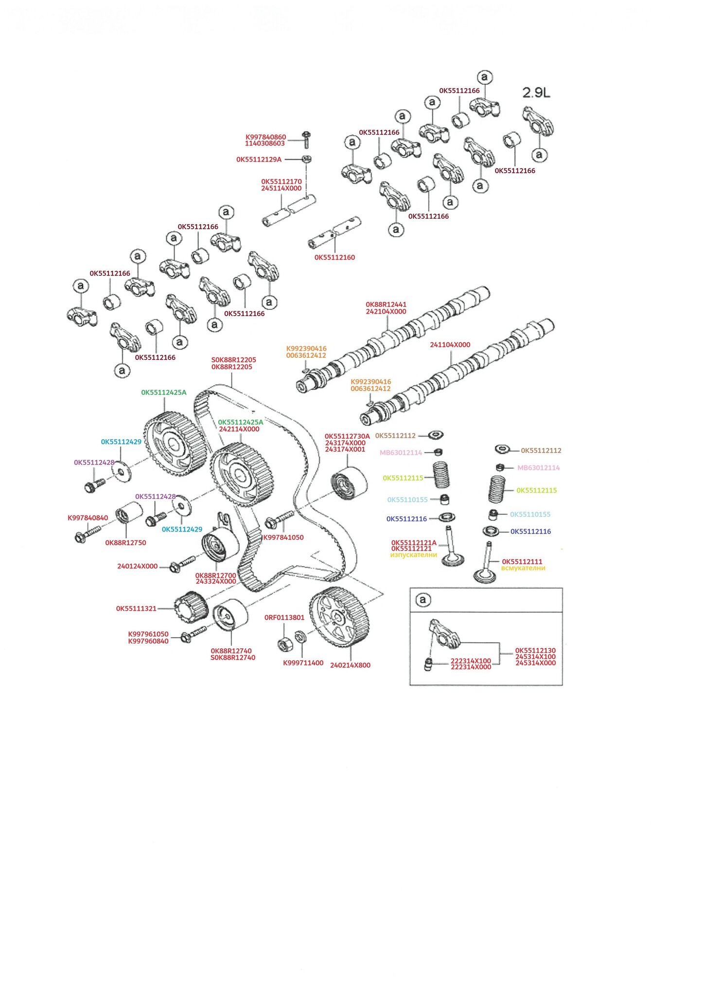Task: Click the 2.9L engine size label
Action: pyautogui.click(x=536, y=92)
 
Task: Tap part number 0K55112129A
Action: pyautogui.click(x=259, y=160)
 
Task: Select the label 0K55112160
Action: pyautogui.click(x=334, y=257)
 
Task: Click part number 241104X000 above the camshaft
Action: pyautogui.click(x=450, y=345)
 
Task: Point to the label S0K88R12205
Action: pyautogui.click(x=233, y=360)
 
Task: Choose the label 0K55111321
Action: pyautogui.click(x=136, y=608)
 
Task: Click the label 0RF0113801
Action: pyautogui.click(x=284, y=618)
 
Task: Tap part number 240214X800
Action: pyautogui.click(x=350, y=665)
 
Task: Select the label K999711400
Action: pyautogui.click(x=303, y=663)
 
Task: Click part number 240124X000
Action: pyautogui.click(x=137, y=566)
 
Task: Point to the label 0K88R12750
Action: pyautogui.click(x=125, y=543)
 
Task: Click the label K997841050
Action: pyautogui.click(x=283, y=537)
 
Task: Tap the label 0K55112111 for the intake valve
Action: pyautogui.click(x=522, y=562)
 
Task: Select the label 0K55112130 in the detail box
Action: pyautogui.click(x=535, y=651)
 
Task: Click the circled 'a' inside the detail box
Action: pyautogui.click(x=422, y=600)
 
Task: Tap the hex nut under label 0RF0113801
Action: pyautogui.click(x=284, y=645)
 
